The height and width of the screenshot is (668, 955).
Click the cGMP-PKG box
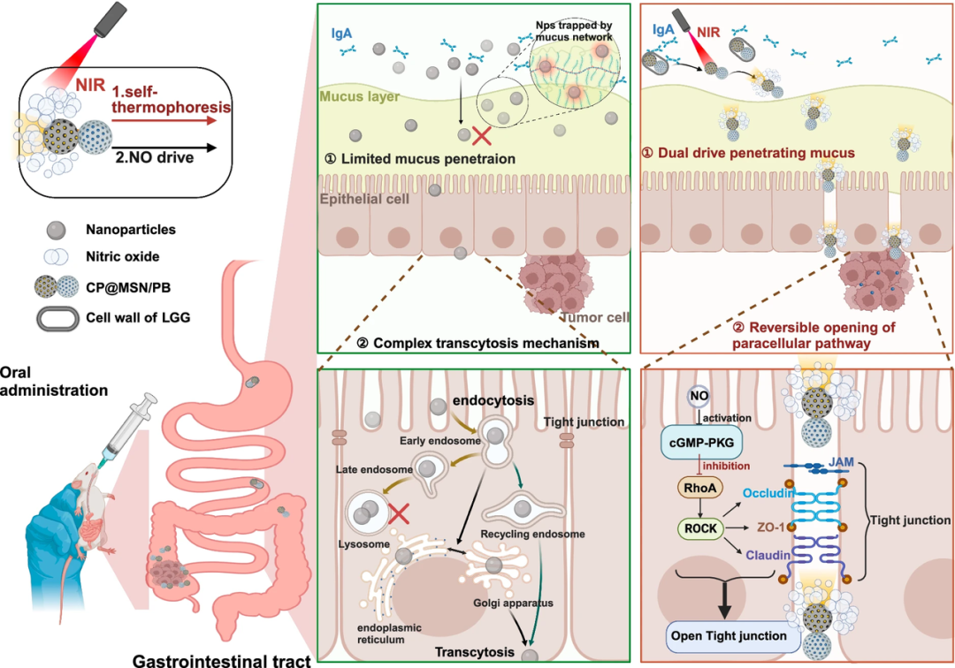(x=701, y=443)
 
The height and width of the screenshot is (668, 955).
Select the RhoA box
(x=699, y=488)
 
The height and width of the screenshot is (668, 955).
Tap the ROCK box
(x=700, y=528)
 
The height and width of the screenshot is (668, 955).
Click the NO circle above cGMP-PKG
(x=699, y=396)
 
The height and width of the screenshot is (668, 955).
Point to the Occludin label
(x=768, y=493)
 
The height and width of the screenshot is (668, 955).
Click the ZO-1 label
(x=771, y=527)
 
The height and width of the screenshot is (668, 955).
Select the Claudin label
(x=768, y=555)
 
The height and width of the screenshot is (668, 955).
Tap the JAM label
(x=841, y=462)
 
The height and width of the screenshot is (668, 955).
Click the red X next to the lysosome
(x=399, y=513)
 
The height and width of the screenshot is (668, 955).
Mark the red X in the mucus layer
(x=482, y=135)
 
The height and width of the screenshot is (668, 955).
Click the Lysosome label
(x=363, y=544)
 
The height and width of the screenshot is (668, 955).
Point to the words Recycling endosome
(x=532, y=534)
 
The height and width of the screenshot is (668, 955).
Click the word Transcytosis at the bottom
(x=475, y=652)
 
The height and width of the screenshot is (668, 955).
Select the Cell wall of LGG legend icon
(x=57, y=318)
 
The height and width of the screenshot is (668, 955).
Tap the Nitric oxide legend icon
(x=56, y=257)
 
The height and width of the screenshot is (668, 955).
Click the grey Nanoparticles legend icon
(x=56, y=230)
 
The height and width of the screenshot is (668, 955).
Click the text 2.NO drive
(x=155, y=157)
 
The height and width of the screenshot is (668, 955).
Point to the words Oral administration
(x=54, y=381)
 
